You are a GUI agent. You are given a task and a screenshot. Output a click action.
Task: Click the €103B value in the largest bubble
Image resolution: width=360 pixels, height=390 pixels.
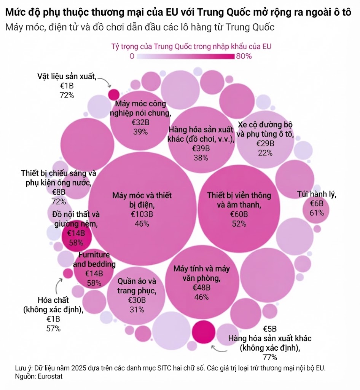pyautogui.click(x=142, y=214)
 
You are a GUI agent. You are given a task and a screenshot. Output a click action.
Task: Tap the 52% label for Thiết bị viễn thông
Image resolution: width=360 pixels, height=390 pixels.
pyautogui.click(x=239, y=224)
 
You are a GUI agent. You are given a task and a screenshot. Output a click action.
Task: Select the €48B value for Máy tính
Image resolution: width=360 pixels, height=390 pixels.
pyautogui.click(x=201, y=288)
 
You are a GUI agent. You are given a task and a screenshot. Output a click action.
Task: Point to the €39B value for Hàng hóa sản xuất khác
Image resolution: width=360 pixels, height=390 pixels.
pyautogui.click(x=201, y=149)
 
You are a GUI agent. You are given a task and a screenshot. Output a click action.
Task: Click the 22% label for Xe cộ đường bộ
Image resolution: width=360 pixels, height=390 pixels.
pyautogui.click(x=265, y=153)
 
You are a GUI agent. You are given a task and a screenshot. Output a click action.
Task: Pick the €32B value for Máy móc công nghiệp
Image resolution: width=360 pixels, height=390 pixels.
pyautogui.click(x=140, y=122)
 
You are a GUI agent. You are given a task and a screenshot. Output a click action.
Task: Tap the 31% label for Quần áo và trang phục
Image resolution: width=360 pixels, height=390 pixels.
pyautogui.click(x=137, y=310)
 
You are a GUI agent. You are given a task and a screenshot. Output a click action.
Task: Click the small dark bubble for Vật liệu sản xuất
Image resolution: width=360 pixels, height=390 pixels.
pyautogui.click(x=114, y=94)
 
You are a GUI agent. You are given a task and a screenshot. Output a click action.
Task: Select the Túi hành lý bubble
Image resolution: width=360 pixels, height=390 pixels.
pyautogui.click(x=316, y=210)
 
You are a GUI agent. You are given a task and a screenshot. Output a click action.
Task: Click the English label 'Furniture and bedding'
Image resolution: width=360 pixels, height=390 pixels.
pyautogui.click(x=94, y=259)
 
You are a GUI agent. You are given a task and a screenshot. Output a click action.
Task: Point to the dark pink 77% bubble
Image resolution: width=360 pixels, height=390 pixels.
pyautogui.click(x=204, y=332)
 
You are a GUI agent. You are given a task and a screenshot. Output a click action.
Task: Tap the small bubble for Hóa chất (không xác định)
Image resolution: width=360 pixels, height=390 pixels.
pyautogui.click(x=67, y=273)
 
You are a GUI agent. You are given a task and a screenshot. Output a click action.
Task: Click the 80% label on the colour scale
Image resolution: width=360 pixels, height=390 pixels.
pyautogui.click(x=244, y=56)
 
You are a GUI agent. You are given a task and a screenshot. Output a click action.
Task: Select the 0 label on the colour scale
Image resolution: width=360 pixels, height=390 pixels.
pyautogui.click(x=132, y=56)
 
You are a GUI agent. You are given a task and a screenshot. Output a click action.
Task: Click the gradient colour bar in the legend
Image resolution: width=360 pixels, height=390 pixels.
pyautogui.click(x=185, y=56)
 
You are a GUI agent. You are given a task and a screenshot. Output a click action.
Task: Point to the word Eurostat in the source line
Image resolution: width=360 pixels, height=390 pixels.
pyautogui.click(x=50, y=376)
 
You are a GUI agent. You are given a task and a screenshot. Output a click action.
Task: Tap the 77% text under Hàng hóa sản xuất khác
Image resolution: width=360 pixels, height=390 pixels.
pyautogui.click(x=269, y=357)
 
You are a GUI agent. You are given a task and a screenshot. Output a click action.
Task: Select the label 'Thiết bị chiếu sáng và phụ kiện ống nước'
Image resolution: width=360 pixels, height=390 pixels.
pyautogui.click(x=58, y=178)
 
